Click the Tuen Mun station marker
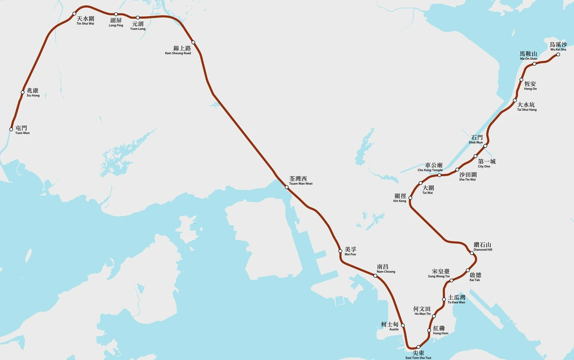point(11,129)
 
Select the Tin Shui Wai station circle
point(74,13)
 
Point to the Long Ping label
point(116,22)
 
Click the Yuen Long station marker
point(138,18)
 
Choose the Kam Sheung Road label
point(178,50)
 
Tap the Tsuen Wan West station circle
point(287,187)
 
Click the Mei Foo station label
point(351,251)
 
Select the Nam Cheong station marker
point(375,276)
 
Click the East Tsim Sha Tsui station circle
point(419,347)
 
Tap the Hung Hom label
point(441,330)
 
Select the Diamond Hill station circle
point(472,253)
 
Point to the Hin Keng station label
point(400,198)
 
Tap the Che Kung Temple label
point(430,167)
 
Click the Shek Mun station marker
point(485,146)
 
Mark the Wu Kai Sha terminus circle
point(558,55)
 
